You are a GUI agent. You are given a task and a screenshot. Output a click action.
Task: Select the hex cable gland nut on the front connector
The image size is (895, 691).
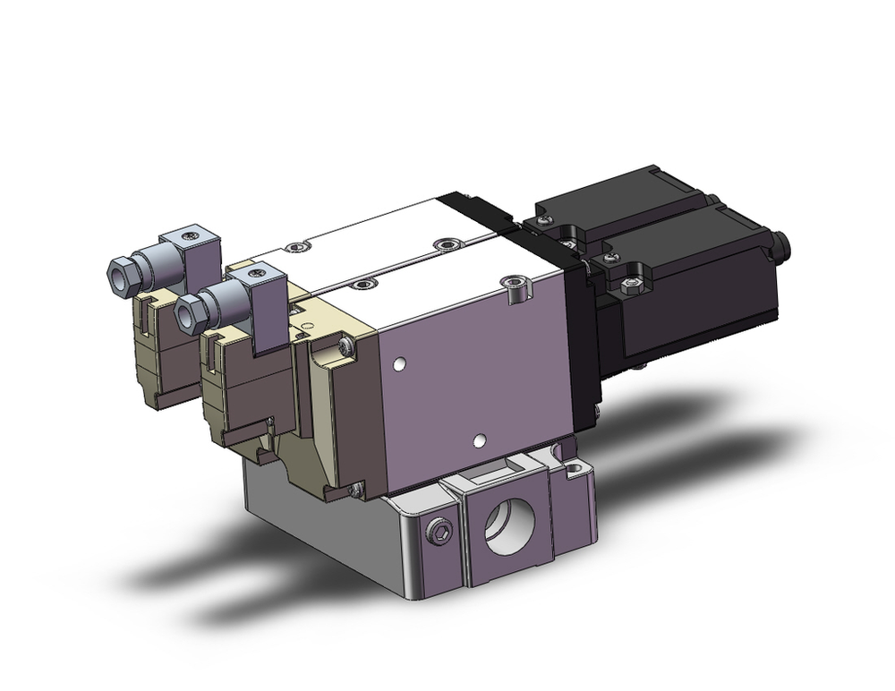pyautogui.click(x=189, y=313)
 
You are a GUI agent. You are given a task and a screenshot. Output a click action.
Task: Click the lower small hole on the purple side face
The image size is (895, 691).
pyautogui.click(x=482, y=439)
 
